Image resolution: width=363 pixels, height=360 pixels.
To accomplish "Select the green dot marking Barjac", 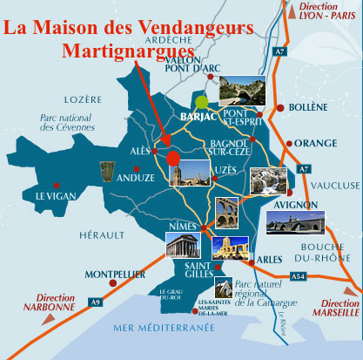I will tap(203, 101).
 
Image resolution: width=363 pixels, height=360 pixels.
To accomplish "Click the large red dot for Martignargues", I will tap(172, 158).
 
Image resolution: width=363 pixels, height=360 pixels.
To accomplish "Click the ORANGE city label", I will tap(315, 143).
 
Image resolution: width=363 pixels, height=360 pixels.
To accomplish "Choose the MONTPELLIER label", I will tap(113, 274).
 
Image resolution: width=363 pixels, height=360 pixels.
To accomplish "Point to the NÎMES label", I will tap(183, 228).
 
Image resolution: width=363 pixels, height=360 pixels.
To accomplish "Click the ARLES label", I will tap(266, 259).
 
